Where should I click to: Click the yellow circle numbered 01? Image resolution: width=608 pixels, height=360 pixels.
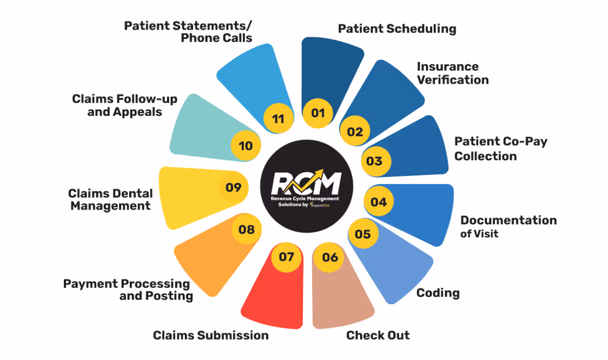point(318,113)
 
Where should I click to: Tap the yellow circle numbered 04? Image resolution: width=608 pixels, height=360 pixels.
point(378,202)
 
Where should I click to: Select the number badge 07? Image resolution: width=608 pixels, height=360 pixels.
point(286,257)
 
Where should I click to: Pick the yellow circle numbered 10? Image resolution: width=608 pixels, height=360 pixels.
point(246,146)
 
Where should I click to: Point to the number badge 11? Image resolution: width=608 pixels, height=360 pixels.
point(278,119)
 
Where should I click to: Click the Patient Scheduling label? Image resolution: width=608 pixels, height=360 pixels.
point(397,28)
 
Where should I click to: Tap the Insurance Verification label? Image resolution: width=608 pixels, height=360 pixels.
point(452,73)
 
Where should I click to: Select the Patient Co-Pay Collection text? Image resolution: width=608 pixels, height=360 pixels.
point(501,148)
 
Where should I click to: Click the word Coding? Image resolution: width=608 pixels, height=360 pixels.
point(438,293)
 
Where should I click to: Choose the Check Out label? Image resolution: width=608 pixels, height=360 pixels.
point(378,335)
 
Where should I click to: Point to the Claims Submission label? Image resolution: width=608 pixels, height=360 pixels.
point(211,335)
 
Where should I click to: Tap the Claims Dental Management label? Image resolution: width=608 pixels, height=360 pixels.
point(110,199)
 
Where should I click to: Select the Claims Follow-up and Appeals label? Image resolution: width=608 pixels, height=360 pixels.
point(125,105)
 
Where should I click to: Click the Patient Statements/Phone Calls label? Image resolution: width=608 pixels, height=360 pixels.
point(188,31)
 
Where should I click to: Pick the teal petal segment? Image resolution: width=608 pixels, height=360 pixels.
point(203,127)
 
